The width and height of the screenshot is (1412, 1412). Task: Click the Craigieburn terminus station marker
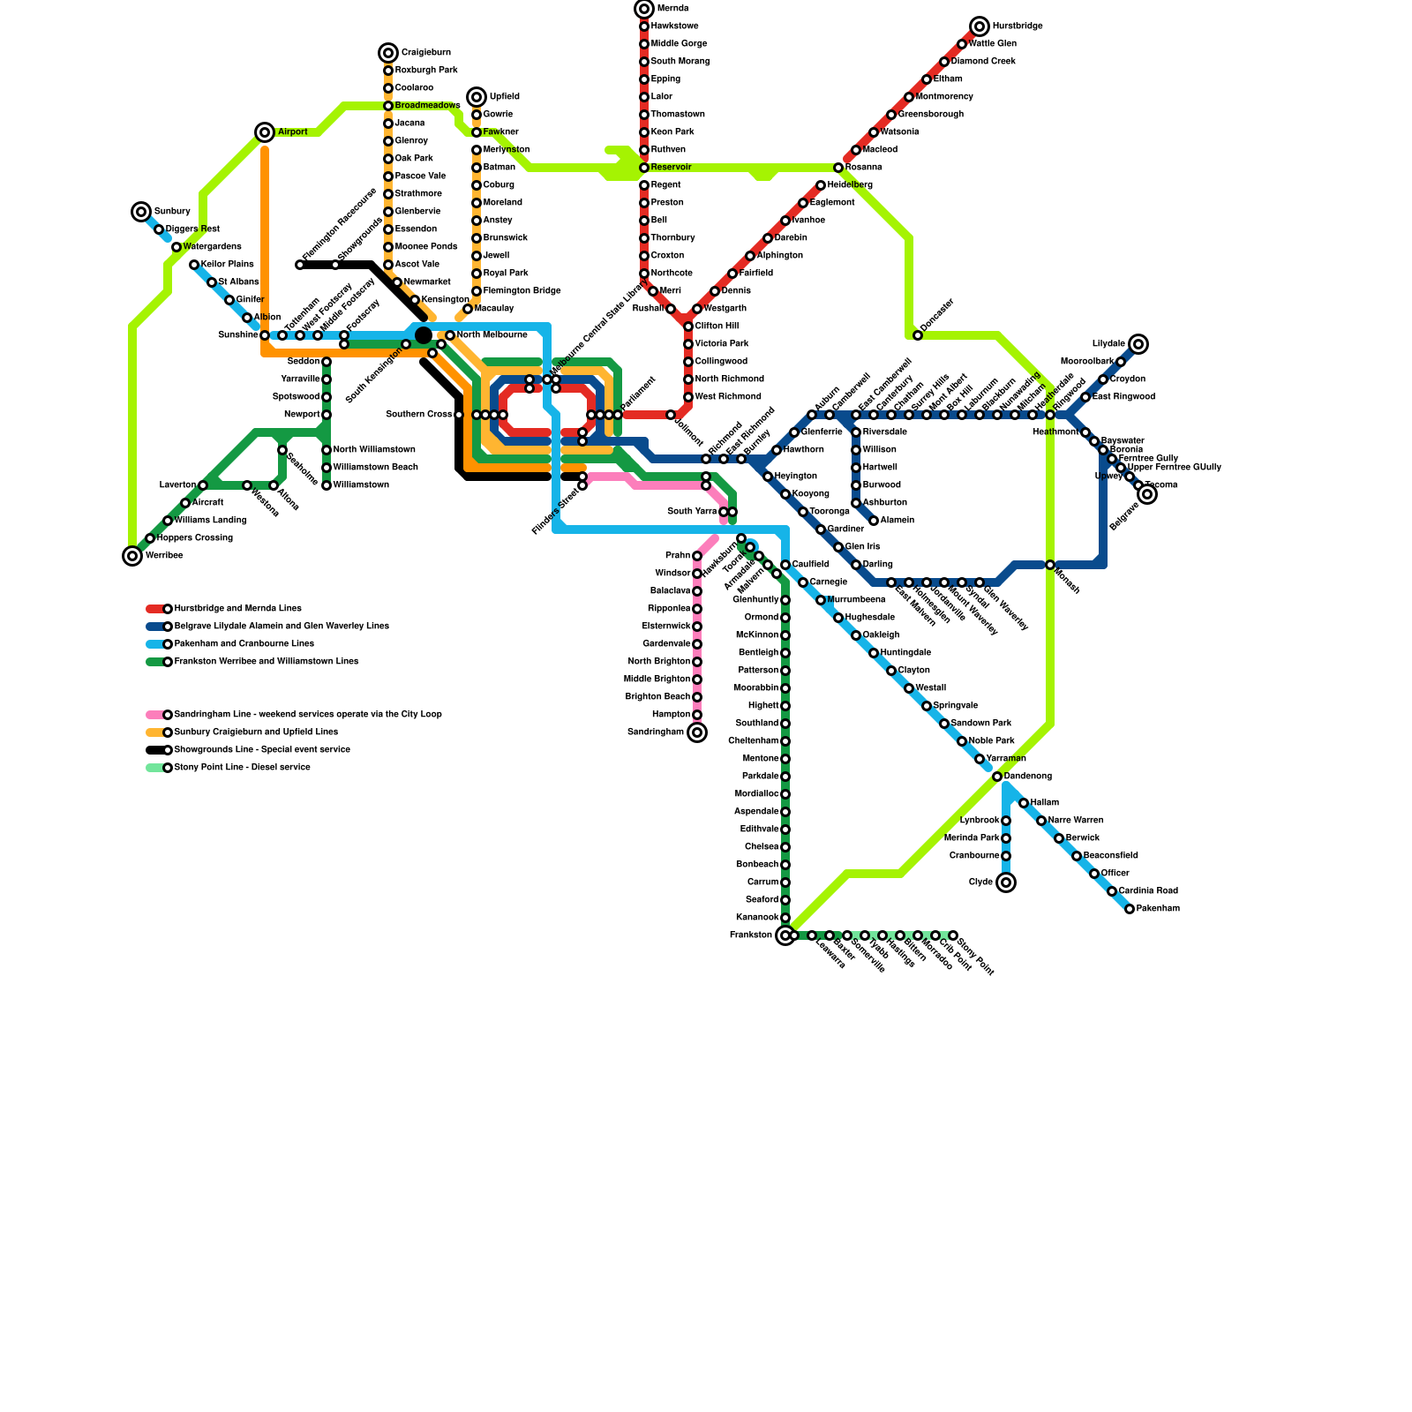point(388,53)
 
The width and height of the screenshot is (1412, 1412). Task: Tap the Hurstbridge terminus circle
point(980,26)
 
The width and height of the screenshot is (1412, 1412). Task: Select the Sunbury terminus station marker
point(141,212)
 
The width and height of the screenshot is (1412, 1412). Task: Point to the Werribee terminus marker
point(132,556)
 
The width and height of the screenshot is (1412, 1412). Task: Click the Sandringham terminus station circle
point(697,732)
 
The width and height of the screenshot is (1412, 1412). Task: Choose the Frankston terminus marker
point(785,935)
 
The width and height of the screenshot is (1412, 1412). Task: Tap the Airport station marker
point(265,132)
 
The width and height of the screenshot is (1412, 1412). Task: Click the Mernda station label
point(672,9)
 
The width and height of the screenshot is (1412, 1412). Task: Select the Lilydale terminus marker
point(1138,344)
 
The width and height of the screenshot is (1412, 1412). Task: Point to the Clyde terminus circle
point(1006,882)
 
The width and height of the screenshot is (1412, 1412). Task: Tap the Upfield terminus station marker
point(477,97)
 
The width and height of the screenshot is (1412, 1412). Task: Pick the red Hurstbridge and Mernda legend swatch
point(154,609)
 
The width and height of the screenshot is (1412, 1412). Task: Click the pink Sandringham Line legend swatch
point(154,715)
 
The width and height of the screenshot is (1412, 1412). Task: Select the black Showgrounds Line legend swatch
point(154,750)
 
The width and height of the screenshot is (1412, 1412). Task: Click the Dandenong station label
point(1028,777)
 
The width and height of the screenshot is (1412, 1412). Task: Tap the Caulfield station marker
point(785,565)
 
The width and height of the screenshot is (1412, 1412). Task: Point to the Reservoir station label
point(671,168)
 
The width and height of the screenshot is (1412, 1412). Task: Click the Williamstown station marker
point(327,485)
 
